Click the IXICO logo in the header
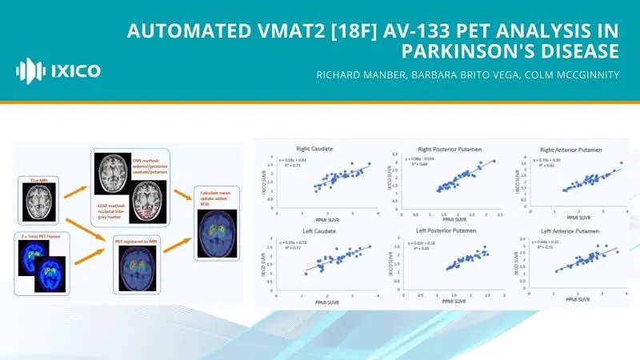point(58,70)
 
